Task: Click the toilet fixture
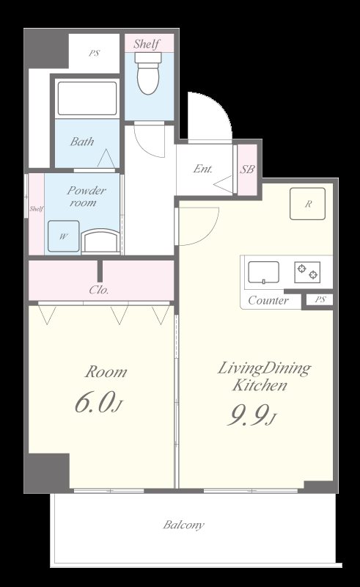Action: tap(149, 73)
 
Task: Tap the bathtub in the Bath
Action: tap(87, 98)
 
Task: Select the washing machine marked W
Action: tap(64, 236)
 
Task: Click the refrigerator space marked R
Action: tap(308, 204)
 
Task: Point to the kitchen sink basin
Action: tap(264, 272)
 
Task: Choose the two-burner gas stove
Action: tap(307, 272)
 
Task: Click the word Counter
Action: tap(268, 300)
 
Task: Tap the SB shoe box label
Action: tap(247, 169)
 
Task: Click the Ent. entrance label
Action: tap(203, 169)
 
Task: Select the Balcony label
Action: tap(184, 525)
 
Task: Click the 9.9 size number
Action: tap(251, 415)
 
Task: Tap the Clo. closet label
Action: tap(99, 290)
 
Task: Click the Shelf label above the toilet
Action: tap(147, 44)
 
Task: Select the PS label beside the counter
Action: tap(320, 299)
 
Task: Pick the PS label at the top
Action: tap(95, 53)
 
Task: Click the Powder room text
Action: tap(86, 197)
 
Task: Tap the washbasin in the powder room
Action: tap(100, 241)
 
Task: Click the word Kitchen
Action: tap(260, 385)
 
